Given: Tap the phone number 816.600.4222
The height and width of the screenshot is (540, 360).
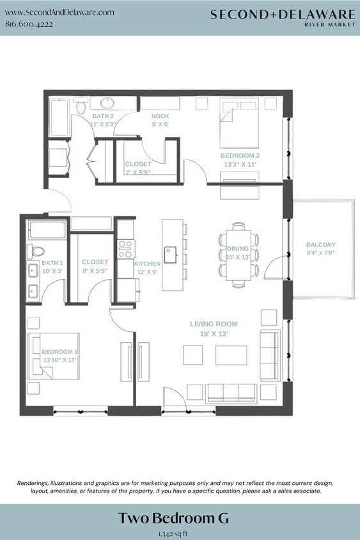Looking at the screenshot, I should click(29, 24).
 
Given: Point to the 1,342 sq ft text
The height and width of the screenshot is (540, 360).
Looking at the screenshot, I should click(173, 532).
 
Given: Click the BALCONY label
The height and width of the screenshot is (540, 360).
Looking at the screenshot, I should click(320, 245).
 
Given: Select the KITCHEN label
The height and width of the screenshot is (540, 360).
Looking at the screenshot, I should click(147, 264).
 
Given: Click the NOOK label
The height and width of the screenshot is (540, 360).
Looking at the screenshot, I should click(160, 116).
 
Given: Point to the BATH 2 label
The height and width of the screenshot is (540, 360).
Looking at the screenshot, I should click(103, 116).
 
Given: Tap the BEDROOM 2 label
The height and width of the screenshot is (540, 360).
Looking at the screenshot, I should click(240, 155).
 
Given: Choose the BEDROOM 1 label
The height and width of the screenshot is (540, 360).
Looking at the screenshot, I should click(59, 352).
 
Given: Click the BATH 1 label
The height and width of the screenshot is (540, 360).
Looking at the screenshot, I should click(52, 263).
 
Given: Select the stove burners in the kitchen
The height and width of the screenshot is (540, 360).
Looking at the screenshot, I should click(125, 248).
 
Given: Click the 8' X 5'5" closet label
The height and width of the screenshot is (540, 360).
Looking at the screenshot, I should click(95, 262).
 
